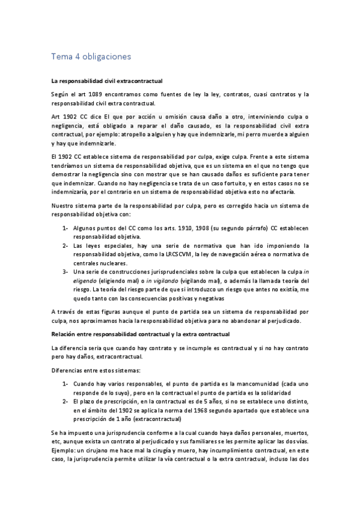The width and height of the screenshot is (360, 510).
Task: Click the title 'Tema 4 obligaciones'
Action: coord(91,57)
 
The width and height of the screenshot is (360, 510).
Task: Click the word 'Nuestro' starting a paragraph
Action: coord(64,206)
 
